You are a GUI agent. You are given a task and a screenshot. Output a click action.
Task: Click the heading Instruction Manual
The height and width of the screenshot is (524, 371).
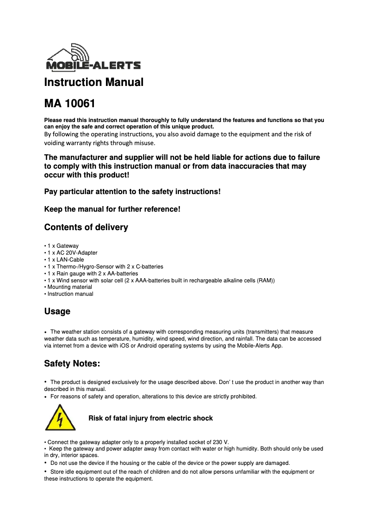[93, 82]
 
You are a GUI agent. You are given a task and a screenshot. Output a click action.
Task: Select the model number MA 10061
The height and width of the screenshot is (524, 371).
[69, 104]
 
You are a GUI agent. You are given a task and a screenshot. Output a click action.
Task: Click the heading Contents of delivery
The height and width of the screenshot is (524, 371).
[86, 227]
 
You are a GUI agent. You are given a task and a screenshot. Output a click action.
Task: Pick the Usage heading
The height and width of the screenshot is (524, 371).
[57, 311]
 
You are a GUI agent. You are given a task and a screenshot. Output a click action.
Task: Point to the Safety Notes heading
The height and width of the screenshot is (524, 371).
[72, 364]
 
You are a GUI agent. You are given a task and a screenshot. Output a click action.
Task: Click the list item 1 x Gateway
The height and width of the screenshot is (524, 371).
[63, 246]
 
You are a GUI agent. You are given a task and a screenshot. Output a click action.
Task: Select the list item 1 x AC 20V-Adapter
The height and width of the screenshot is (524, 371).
[72, 253]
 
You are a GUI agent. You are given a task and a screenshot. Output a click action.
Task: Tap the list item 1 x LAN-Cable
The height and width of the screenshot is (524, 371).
[66, 260]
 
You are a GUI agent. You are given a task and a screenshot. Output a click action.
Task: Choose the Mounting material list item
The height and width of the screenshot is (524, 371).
[69, 287]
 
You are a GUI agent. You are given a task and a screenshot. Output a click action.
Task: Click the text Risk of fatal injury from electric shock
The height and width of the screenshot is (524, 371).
[150, 418]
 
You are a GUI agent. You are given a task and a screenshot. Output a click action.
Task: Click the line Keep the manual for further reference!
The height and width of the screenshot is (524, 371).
[112, 209]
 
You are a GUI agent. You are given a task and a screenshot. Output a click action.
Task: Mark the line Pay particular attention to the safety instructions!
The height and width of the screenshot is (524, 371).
[132, 191]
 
